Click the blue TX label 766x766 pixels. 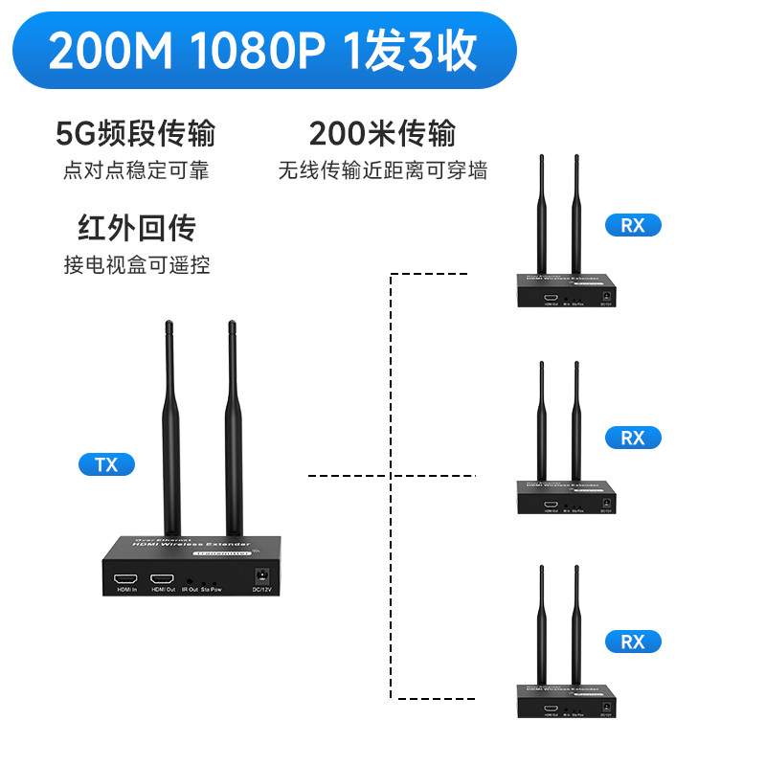click(106, 465)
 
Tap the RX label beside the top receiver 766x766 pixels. click(633, 226)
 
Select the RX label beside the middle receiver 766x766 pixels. click(633, 438)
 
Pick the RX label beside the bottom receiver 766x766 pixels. click(633, 642)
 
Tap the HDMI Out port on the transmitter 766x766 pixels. click(162, 579)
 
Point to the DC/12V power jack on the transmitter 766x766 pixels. click(260, 576)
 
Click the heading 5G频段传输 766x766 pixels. click(136, 133)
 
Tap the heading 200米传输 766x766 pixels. click(382, 133)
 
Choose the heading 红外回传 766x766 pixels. click(136, 229)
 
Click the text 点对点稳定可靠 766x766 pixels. click(136, 171)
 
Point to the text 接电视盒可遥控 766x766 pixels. click(136, 265)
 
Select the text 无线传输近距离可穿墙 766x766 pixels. click(382, 171)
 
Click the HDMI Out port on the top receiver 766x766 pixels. click(551, 298)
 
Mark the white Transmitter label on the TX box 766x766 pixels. click(221, 553)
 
